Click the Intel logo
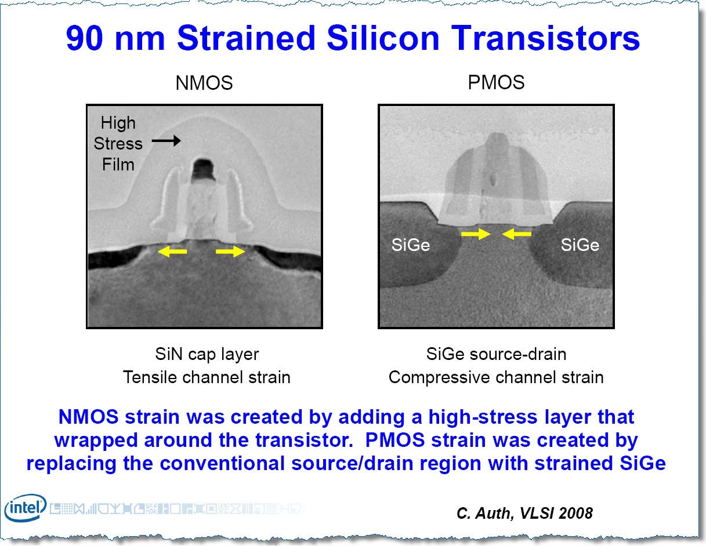click(x=25, y=508)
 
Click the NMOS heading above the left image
click(x=204, y=83)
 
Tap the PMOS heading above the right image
click(x=496, y=82)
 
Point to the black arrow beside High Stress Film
click(x=166, y=141)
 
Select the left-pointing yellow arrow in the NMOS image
click(x=173, y=252)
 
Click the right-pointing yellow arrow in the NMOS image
click(x=230, y=252)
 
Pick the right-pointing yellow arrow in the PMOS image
click(x=475, y=234)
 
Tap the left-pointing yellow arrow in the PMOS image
click(x=517, y=234)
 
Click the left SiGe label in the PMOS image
click(x=411, y=245)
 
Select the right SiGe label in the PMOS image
click(x=580, y=245)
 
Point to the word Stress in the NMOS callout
click(x=118, y=144)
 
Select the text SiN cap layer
click(x=207, y=354)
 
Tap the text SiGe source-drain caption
click(x=496, y=354)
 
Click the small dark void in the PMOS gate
click(x=493, y=180)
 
